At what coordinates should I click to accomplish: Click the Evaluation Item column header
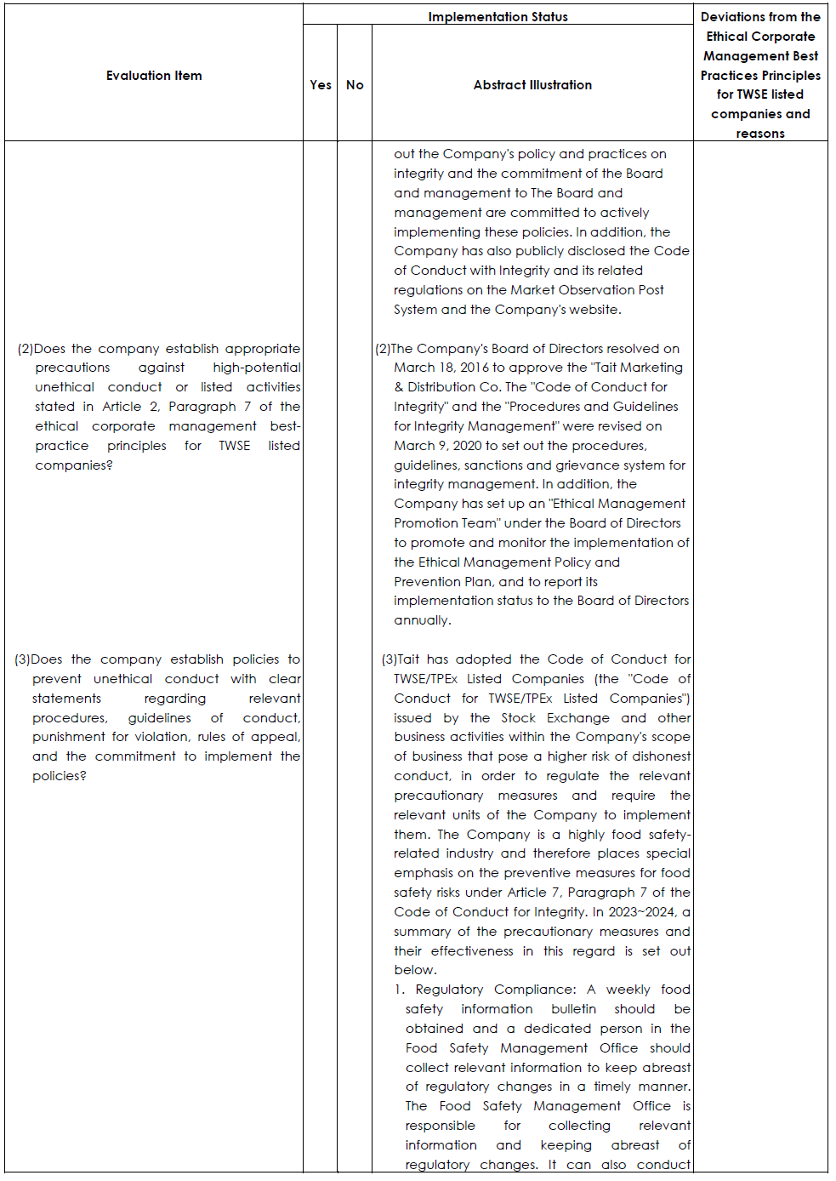click(154, 76)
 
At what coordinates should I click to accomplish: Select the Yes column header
click(321, 85)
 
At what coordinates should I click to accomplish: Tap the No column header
click(355, 85)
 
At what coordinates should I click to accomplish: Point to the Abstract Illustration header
click(532, 85)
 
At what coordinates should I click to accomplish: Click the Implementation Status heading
click(498, 17)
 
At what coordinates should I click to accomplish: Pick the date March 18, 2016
click(441, 368)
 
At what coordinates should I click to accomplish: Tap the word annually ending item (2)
click(422, 620)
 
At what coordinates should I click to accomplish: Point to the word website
click(594, 310)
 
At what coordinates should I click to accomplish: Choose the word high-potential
click(257, 368)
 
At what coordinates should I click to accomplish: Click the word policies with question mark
click(59, 776)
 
